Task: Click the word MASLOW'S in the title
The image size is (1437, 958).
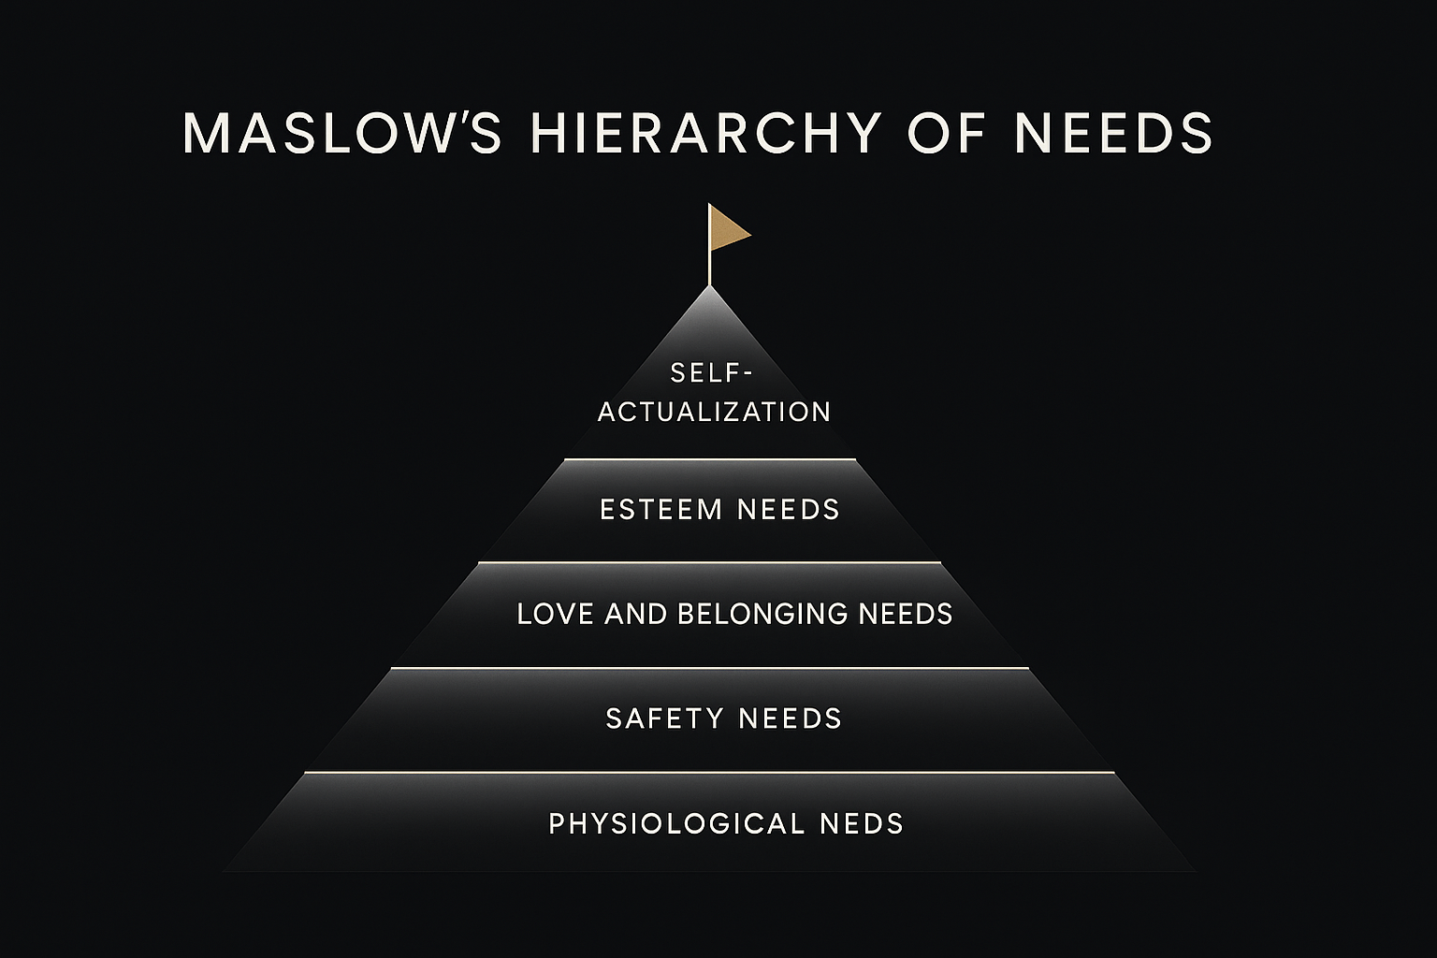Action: pos(342,133)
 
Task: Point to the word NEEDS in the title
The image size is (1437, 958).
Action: pos(1113,133)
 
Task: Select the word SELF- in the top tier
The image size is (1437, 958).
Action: pos(712,373)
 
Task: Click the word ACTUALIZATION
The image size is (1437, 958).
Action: pos(714,412)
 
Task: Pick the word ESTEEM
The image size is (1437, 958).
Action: pos(661,510)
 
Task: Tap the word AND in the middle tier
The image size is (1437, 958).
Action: pos(636,614)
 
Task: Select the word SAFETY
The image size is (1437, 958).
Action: pos(665,718)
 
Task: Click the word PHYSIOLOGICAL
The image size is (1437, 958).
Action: pos(676,824)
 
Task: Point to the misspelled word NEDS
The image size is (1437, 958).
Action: pos(862,824)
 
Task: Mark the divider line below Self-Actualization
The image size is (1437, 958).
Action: pos(710,459)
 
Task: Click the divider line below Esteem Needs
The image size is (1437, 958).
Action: pos(710,562)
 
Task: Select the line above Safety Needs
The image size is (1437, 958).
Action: pos(710,668)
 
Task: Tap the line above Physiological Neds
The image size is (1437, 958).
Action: pos(710,773)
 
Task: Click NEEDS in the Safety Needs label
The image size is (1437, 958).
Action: pos(791,718)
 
